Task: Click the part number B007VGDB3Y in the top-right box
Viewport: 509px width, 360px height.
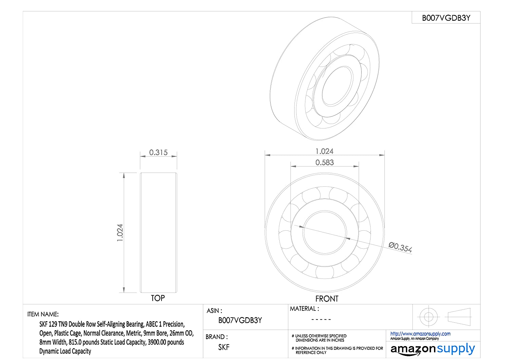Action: [446, 18]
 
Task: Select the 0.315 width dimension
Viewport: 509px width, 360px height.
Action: [158, 152]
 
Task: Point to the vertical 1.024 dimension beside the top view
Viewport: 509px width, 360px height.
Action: [120, 233]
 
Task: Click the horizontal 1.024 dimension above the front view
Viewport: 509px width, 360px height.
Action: [324, 151]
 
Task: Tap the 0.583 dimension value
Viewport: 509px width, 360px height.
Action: [324, 162]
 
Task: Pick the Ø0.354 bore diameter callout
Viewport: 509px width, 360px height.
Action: [400, 248]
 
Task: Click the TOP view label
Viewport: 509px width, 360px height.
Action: [158, 298]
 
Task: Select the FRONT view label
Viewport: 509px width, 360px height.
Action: [327, 299]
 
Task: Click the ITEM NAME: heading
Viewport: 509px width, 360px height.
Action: [43, 314]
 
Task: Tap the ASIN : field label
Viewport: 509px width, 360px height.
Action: [214, 311]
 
